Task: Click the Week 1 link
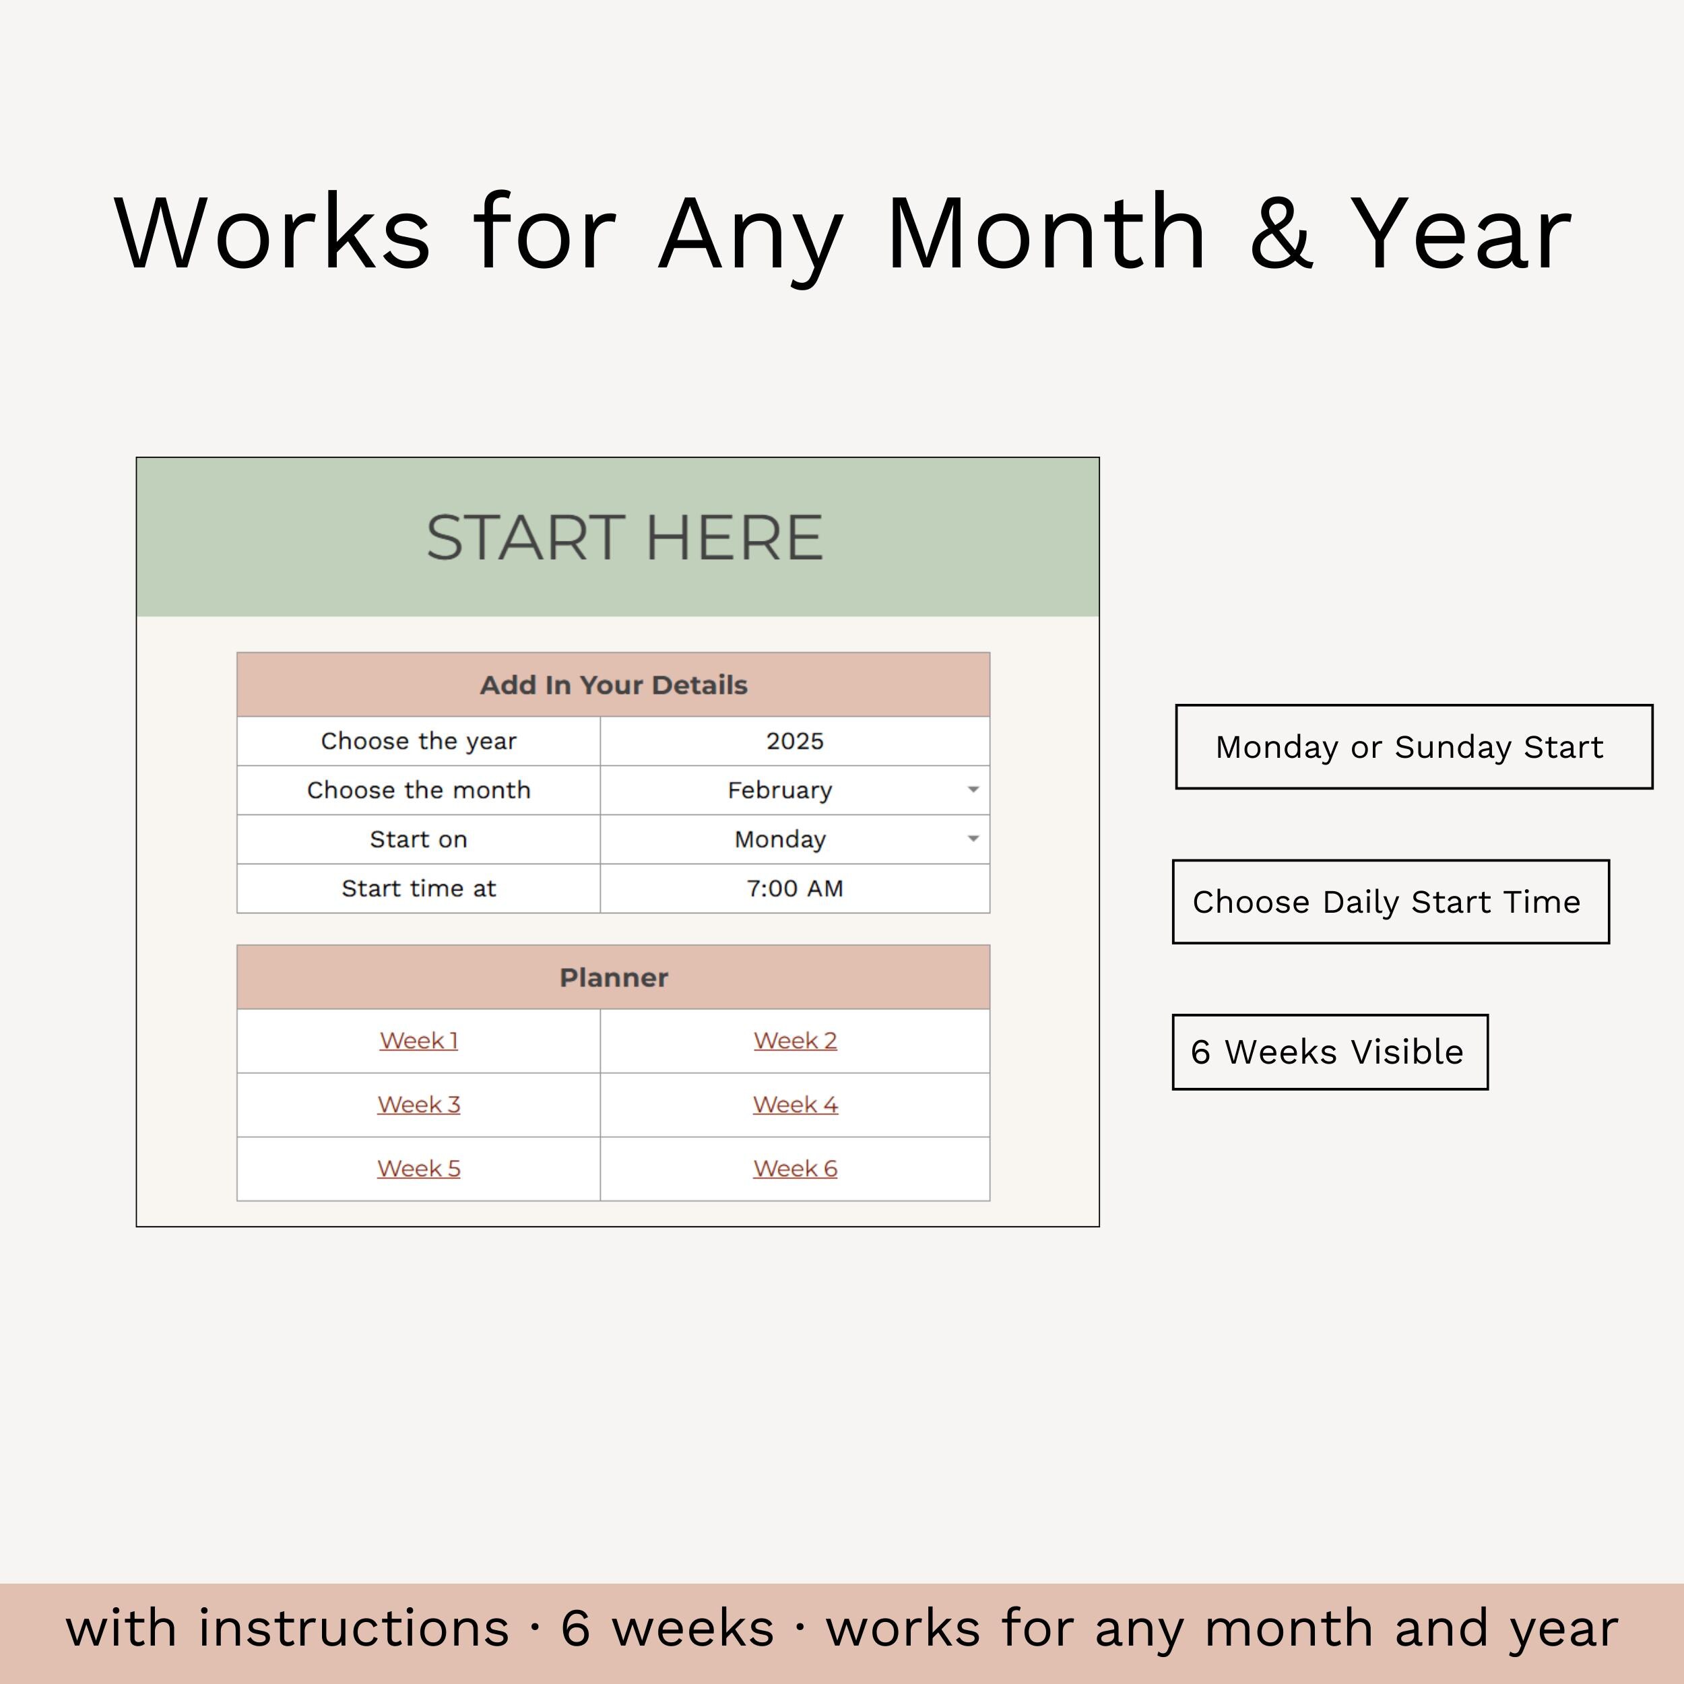(418, 1041)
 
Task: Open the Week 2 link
(795, 1041)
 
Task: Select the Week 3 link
(418, 1104)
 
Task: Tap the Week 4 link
(795, 1104)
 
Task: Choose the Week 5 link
(418, 1168)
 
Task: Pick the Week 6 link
(795, 1168)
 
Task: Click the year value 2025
(795, 741)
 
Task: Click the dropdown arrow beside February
(973, 789)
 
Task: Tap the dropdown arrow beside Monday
(973, 839)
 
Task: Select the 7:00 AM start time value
(795, 888)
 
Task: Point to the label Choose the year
(418, 741)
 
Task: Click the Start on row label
(418, 839)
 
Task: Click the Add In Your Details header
(614, 685)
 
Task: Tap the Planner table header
(614, 977)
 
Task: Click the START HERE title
(624, 537)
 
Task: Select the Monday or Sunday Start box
(1414, 747)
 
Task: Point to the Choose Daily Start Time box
(1390, 902)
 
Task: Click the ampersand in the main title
(1281, 234)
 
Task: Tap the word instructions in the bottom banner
(354, 1628)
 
